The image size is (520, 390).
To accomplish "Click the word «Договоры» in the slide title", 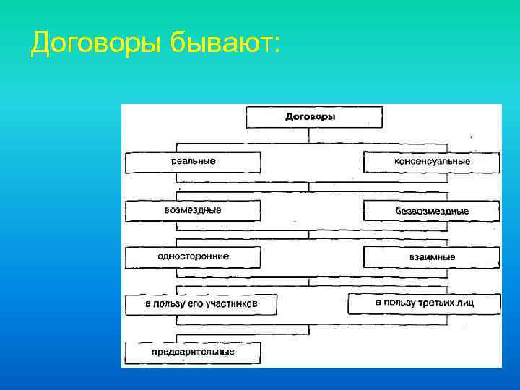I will (97, 44).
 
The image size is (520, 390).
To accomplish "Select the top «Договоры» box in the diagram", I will (311, 116).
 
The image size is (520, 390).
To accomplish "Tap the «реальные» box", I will (193, 161).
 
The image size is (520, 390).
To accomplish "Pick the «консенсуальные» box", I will (432, 162).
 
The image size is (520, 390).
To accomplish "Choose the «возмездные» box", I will (193, 210).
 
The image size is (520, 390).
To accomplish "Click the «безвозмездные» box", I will (432, 211).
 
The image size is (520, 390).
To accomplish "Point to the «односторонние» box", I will (193, 256).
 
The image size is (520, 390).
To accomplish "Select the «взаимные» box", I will (432, 257).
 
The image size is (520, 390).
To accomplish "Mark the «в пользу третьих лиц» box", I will (425, 303).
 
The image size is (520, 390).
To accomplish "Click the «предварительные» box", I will (193, 352).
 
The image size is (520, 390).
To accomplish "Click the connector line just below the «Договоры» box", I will (309, 135).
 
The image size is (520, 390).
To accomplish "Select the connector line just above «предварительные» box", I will (309, 330).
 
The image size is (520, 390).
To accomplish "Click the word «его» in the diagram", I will (196, 304).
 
